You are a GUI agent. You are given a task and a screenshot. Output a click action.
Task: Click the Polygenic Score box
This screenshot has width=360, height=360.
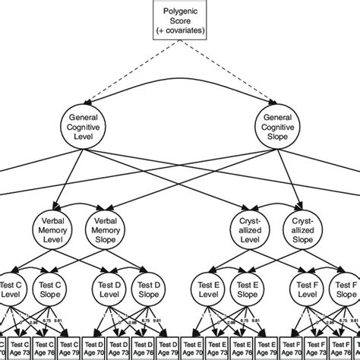[180, 18]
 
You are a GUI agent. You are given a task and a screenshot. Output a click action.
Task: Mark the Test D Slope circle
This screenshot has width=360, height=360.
[149, 290]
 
